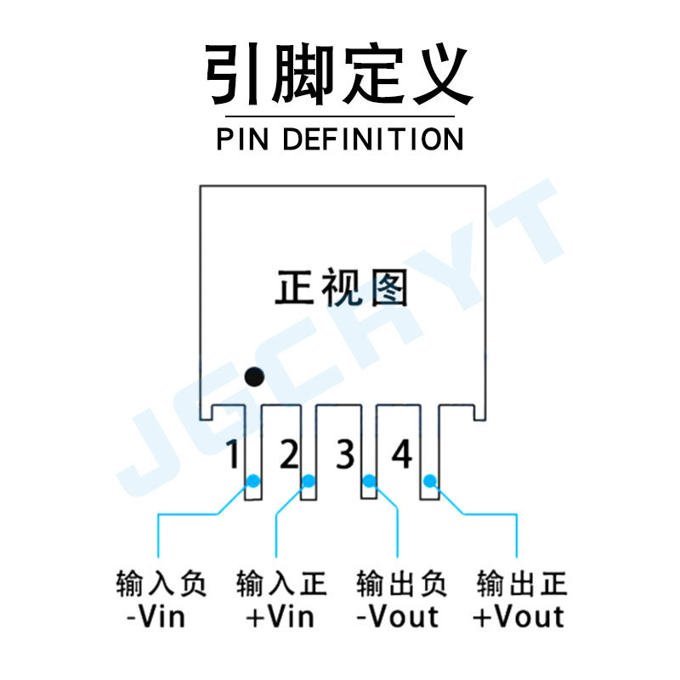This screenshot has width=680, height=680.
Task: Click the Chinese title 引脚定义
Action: pyautogui.click(x=338, y=75)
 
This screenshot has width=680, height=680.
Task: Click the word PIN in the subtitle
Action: pyautogui.click(x=244, y=139)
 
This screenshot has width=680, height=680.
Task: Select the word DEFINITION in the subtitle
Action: pyautogui.click(x=372, y=139)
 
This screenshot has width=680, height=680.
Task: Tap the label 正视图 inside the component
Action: pyautogui.click(x=342, y=288)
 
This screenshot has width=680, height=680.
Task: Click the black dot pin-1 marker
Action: pyautogui.click(x=253, y=376)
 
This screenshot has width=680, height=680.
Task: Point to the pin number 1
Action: pyautogui.click(x=232, y=456)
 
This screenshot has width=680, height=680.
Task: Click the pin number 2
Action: pyautogui.click(x=289, y=456)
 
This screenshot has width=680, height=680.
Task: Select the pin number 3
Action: pyautogui.click(x=344, y=456)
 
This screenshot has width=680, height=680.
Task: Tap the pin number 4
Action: pyautogui.click(x=401, y=456)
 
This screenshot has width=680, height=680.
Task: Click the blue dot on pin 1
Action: pyautogui.click(x=252, y=482)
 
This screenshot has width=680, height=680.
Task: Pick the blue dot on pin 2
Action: pyautogui.click(x=308, y=482)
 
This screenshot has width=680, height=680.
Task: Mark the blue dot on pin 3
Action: pyautogui.click(x=369, y=482)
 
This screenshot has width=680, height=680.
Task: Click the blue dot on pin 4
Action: pyautogui.click(x=430, y=482)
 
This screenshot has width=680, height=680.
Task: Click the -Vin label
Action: pyautogui.click(x=156, y=615)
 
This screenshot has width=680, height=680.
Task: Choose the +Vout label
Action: pyautogui.click(x=518, y=615)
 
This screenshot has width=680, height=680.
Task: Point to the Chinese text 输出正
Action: pyautogui.click(x=521, y=584)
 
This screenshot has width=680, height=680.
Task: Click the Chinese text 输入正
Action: pyautogui.click(x=280, y=584)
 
